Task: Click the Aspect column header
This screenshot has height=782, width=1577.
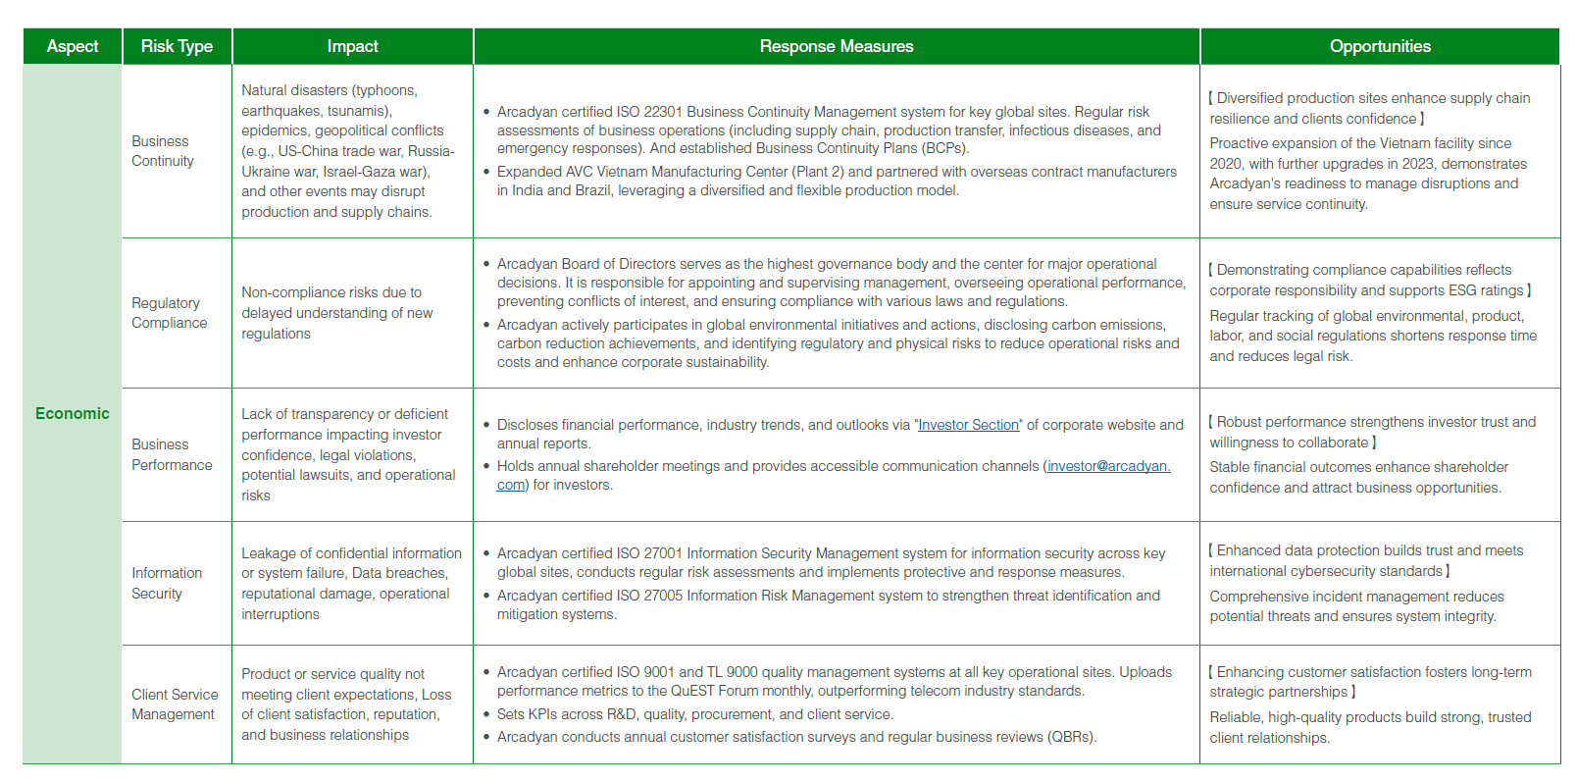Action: coord(73,46)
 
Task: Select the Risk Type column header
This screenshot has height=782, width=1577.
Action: coord(177,46)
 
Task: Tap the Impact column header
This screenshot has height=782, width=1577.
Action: coord(352,46)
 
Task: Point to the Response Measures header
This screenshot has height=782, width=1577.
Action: coord(836,46)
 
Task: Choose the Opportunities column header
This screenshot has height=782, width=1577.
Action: coord(1379,46)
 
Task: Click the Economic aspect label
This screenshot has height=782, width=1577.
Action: coord(73,413)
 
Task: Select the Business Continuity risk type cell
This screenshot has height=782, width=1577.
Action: coord(163,151)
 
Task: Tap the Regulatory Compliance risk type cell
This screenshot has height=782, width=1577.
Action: coord(170,313)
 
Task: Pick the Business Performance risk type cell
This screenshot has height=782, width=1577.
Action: coord(172,454)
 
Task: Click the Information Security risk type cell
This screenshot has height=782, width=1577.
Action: coord(167,583)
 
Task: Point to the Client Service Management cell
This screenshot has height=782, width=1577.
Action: coord(175,704)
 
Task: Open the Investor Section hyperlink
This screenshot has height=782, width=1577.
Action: coord(968,425)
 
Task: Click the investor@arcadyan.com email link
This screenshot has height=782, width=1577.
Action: coord(1107,466)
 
